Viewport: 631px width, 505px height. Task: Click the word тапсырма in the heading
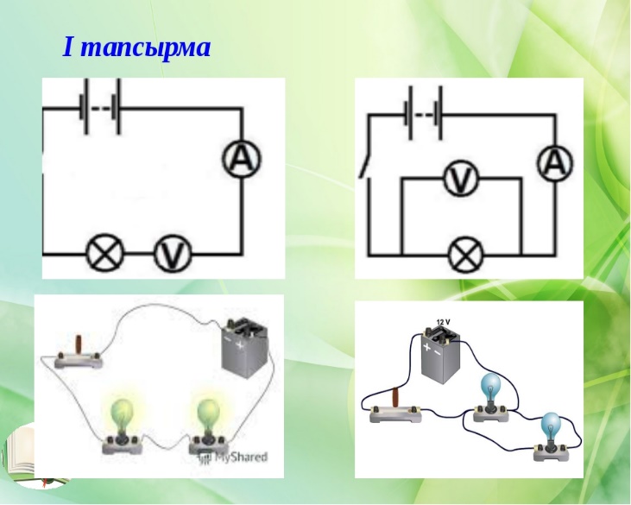(148, 48)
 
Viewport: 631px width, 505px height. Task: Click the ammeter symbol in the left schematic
(242, 159)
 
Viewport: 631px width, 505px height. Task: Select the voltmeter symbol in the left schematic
(173, 254)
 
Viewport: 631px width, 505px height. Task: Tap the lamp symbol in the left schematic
(105, 254)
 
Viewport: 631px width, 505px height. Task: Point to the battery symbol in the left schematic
(101, 107)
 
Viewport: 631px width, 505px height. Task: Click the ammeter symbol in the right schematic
(555, 163)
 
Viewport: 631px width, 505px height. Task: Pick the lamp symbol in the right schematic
(465, 256)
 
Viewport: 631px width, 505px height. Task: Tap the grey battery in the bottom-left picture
(244, 347)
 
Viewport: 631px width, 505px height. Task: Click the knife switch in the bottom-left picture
(79, 354)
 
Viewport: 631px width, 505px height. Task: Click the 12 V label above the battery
(443, 322)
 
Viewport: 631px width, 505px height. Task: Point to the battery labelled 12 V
(440, 354)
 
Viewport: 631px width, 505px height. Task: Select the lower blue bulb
(550, 437)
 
